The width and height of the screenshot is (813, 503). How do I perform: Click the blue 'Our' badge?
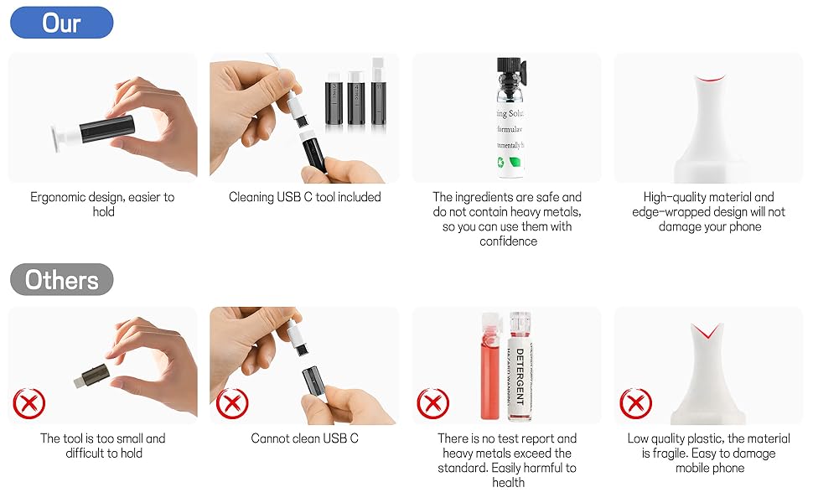tap(61, 23)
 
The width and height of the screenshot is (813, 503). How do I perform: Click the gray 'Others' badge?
tap(61, 279)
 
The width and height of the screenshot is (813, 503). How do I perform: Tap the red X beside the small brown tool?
tap(29, 405)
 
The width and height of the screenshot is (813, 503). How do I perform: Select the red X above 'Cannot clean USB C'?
tap(232, 405)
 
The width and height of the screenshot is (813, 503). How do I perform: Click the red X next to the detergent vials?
tap(433, 405)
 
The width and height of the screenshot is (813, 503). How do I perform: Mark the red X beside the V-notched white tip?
tap(635, 405)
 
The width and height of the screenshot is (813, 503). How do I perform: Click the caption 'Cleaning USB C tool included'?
tap(304, 197)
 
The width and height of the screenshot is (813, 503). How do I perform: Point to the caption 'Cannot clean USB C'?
tap(304, 438)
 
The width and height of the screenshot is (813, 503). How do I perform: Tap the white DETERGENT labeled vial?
tap(518, 365)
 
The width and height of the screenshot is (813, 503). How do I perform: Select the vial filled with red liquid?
tap(490, 369)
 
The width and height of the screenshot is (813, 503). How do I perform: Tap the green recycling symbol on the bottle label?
tap(519, 164)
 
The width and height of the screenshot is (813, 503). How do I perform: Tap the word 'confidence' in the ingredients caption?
tap(508, 241)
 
